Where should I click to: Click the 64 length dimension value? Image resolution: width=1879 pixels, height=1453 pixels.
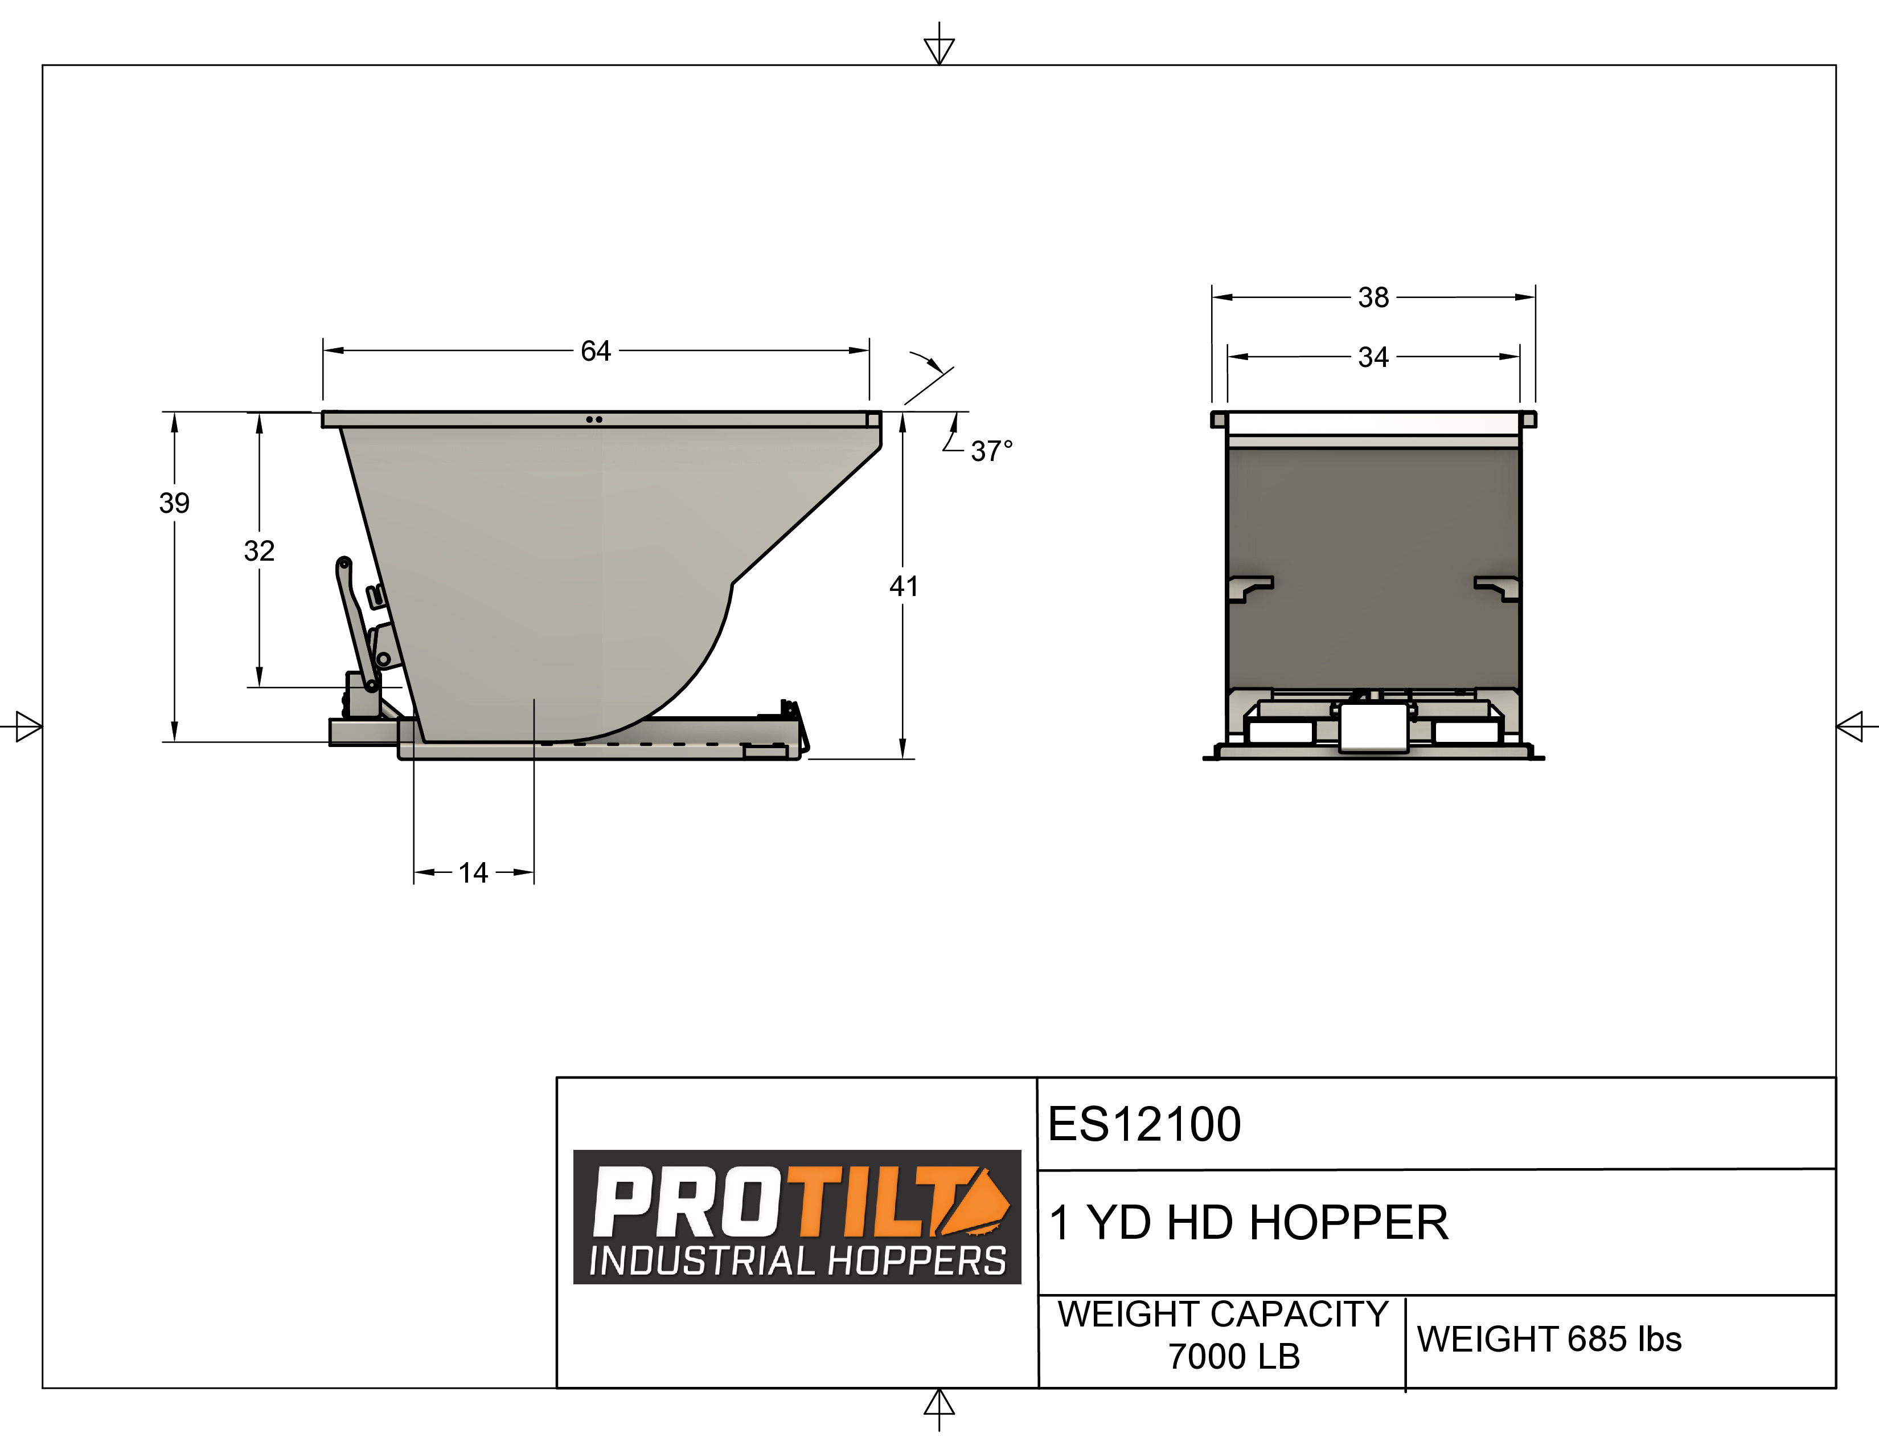[596, 350]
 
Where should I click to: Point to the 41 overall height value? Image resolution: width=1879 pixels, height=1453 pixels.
[904, 586]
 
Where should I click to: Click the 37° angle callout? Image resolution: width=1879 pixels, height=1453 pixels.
[991, 450]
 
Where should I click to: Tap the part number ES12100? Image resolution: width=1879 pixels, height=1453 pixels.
[1144, 1124]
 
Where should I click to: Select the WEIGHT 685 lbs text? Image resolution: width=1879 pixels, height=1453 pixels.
[1549, 1340]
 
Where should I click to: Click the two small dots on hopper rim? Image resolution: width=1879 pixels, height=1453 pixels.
[594, 419]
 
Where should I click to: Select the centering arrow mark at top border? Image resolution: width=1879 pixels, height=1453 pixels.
[938, 47]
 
